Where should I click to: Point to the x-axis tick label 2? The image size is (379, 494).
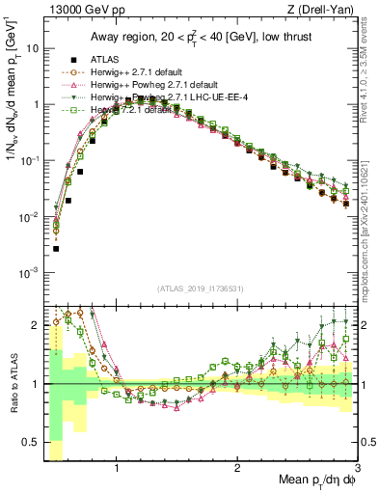point(237,469)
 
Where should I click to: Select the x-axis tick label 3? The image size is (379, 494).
point(357,469)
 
